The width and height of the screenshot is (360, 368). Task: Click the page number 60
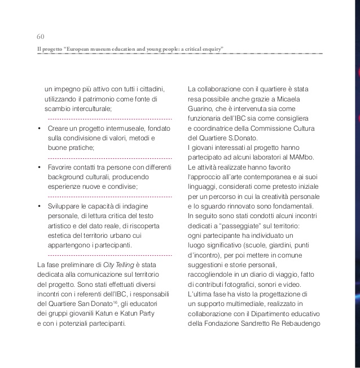(x=41, y=38)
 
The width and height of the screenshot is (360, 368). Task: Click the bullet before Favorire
(x=39, y=167)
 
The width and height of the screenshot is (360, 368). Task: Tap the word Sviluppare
(x=67, y=206)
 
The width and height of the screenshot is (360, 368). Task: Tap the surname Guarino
(x=201, y=108)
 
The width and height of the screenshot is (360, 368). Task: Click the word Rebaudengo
(x=300, y=323)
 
